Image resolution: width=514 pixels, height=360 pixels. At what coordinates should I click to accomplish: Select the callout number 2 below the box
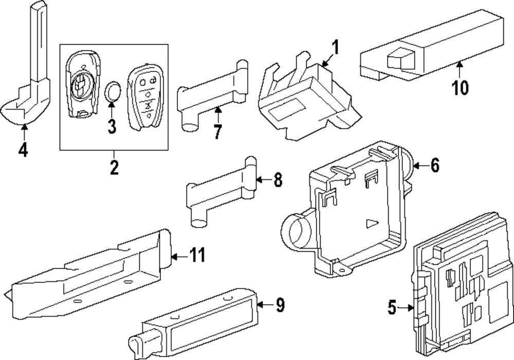pos(114,166)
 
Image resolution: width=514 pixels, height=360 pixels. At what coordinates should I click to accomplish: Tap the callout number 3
pos(112,125)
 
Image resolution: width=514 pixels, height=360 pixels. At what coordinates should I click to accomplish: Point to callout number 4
pos(23,149)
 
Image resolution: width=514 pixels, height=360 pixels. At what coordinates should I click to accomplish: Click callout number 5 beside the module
pos(392,308)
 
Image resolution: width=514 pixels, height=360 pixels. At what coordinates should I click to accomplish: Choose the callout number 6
pos(435,166)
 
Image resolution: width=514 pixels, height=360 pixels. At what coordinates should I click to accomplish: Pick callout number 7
pos(217,131)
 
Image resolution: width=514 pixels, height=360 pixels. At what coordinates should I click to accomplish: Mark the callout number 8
pos(278,180)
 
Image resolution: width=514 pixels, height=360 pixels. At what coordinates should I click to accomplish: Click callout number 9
pos(279,305)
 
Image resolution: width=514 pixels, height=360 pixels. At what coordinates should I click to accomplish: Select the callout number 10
pos(461,88)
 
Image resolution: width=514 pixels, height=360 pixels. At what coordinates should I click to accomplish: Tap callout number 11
pos(196,255)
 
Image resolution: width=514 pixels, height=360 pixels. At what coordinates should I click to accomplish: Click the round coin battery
pos(113,92)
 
